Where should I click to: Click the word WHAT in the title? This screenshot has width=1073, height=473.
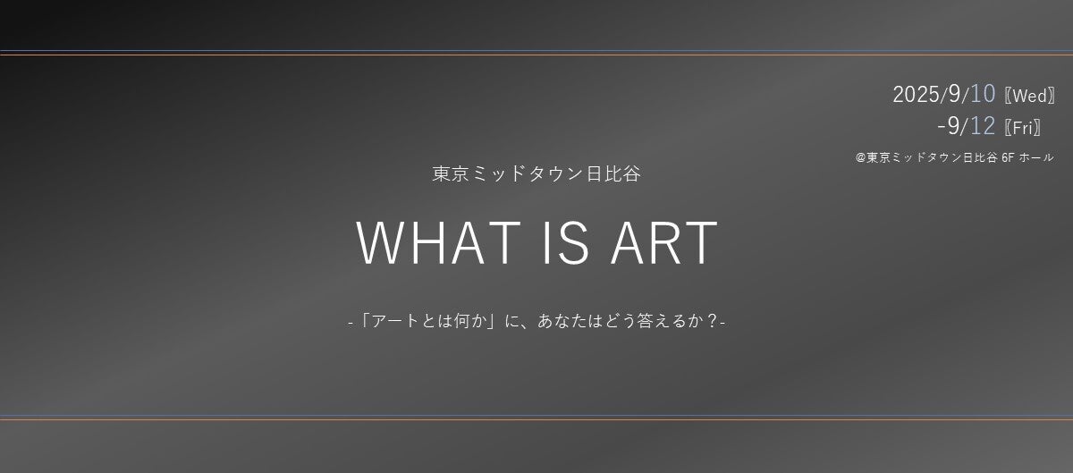point(438,242)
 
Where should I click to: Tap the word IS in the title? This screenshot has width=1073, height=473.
point(566,242)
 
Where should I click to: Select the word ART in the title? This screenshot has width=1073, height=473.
point(664,242)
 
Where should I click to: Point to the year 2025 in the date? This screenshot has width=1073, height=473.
point(916,94)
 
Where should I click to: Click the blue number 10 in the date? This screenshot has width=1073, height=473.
point(983,94)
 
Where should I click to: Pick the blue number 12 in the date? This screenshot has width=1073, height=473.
point(983,126)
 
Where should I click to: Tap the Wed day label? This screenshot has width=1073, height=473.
point(1030,96)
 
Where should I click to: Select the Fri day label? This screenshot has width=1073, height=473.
point(1023,128)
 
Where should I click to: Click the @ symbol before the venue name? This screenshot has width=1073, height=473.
point(860,157)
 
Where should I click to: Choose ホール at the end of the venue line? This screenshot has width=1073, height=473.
point(1036,157)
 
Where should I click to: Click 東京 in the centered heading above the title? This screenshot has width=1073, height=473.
point(451,173)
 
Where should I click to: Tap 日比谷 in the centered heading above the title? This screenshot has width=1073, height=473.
point(613,173)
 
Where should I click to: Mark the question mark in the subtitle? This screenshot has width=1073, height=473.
point(713,321)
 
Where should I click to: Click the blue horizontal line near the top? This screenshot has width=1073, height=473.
point(536,50)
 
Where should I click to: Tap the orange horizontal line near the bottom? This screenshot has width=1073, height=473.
point(536,420)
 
